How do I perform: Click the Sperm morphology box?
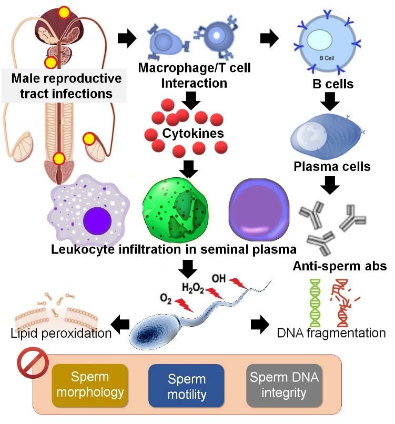click(90, 386)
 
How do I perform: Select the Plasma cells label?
click(332, 167)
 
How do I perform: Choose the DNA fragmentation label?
click(332, 332)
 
